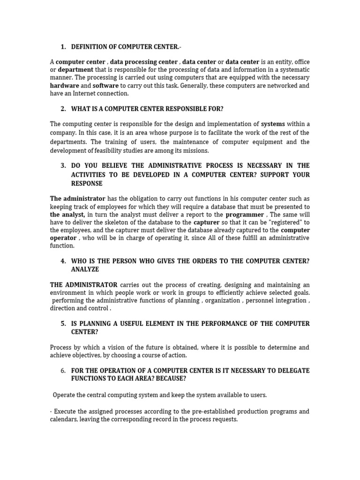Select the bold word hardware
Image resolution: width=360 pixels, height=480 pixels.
(x=64, y=86)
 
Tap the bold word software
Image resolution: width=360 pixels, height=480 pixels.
(x=105, y=86)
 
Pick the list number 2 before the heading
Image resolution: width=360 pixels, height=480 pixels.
(x=63, y=109)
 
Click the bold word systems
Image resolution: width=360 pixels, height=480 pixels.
(x=272, y=124)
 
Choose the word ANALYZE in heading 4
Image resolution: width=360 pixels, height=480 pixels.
(x=85, y=270)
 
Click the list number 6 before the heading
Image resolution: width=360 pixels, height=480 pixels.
(x=63, y=371)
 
